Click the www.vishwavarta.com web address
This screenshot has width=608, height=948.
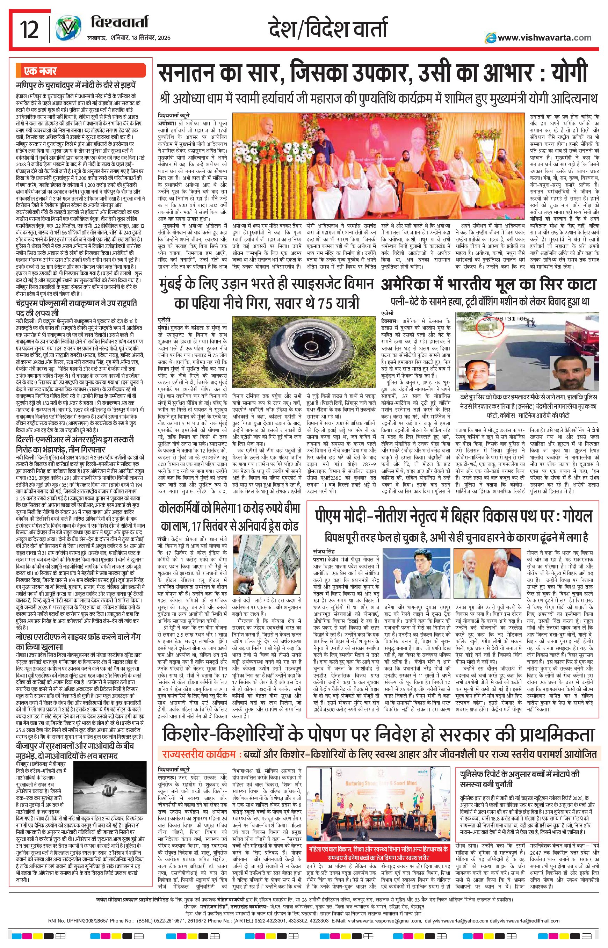click(544, 37)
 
